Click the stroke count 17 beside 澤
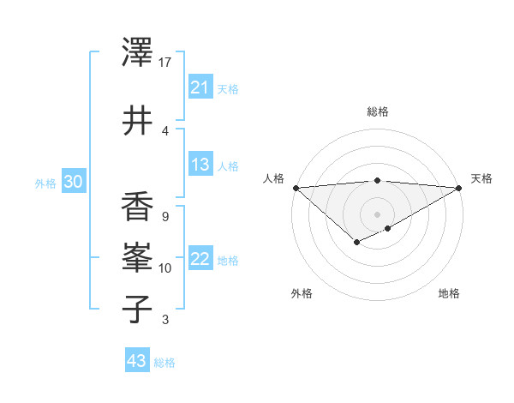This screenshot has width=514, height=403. (x=165, y=63)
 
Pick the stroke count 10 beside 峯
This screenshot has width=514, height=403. (x=165, y=268)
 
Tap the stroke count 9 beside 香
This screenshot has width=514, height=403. (x=164, y=217)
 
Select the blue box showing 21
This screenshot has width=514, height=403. (x=200, y=87)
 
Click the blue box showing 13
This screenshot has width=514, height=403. (x=200, y=165)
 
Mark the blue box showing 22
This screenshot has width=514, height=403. (x=200, y=260)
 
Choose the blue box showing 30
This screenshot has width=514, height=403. (x=73, y=182)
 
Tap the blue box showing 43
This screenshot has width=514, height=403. (x=137, y=361)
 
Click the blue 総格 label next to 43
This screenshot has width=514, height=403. (x=164, y=363)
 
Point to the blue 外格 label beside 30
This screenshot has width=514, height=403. (x=45, y=183)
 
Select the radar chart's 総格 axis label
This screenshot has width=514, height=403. (x=377, y=111)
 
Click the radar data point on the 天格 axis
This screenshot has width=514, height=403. (x=459, y=188)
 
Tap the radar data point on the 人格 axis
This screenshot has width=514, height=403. (x=296, y=187)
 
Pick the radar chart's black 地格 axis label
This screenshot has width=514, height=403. (x=449, y=294)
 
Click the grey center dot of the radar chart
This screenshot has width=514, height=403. (x=377, y=214)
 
